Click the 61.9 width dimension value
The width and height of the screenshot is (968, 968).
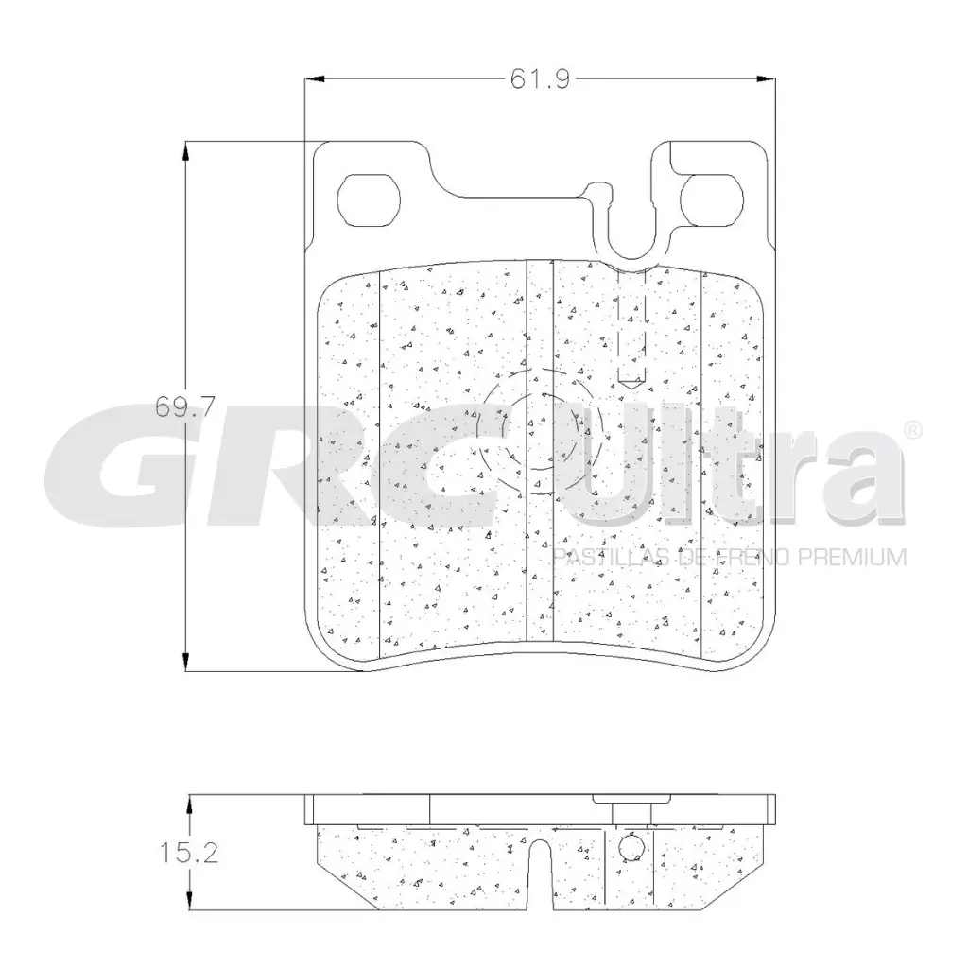(x=540, y=79)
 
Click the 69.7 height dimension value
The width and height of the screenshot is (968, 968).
(x=184, y=406)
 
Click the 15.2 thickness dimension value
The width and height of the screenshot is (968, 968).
(x=189, y=853)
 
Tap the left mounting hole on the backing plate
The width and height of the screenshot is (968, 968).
(x=370, y=199)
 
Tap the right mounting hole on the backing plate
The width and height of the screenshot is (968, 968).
(x=711, y=199)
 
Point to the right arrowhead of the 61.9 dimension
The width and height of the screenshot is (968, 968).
(x=766, y=79)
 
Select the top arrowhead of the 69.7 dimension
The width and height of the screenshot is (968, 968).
(x=186, y=151)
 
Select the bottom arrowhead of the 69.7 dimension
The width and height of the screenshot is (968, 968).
(x=186, y=661)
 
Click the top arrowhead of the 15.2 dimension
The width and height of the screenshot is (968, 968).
(x=189, y=804)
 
